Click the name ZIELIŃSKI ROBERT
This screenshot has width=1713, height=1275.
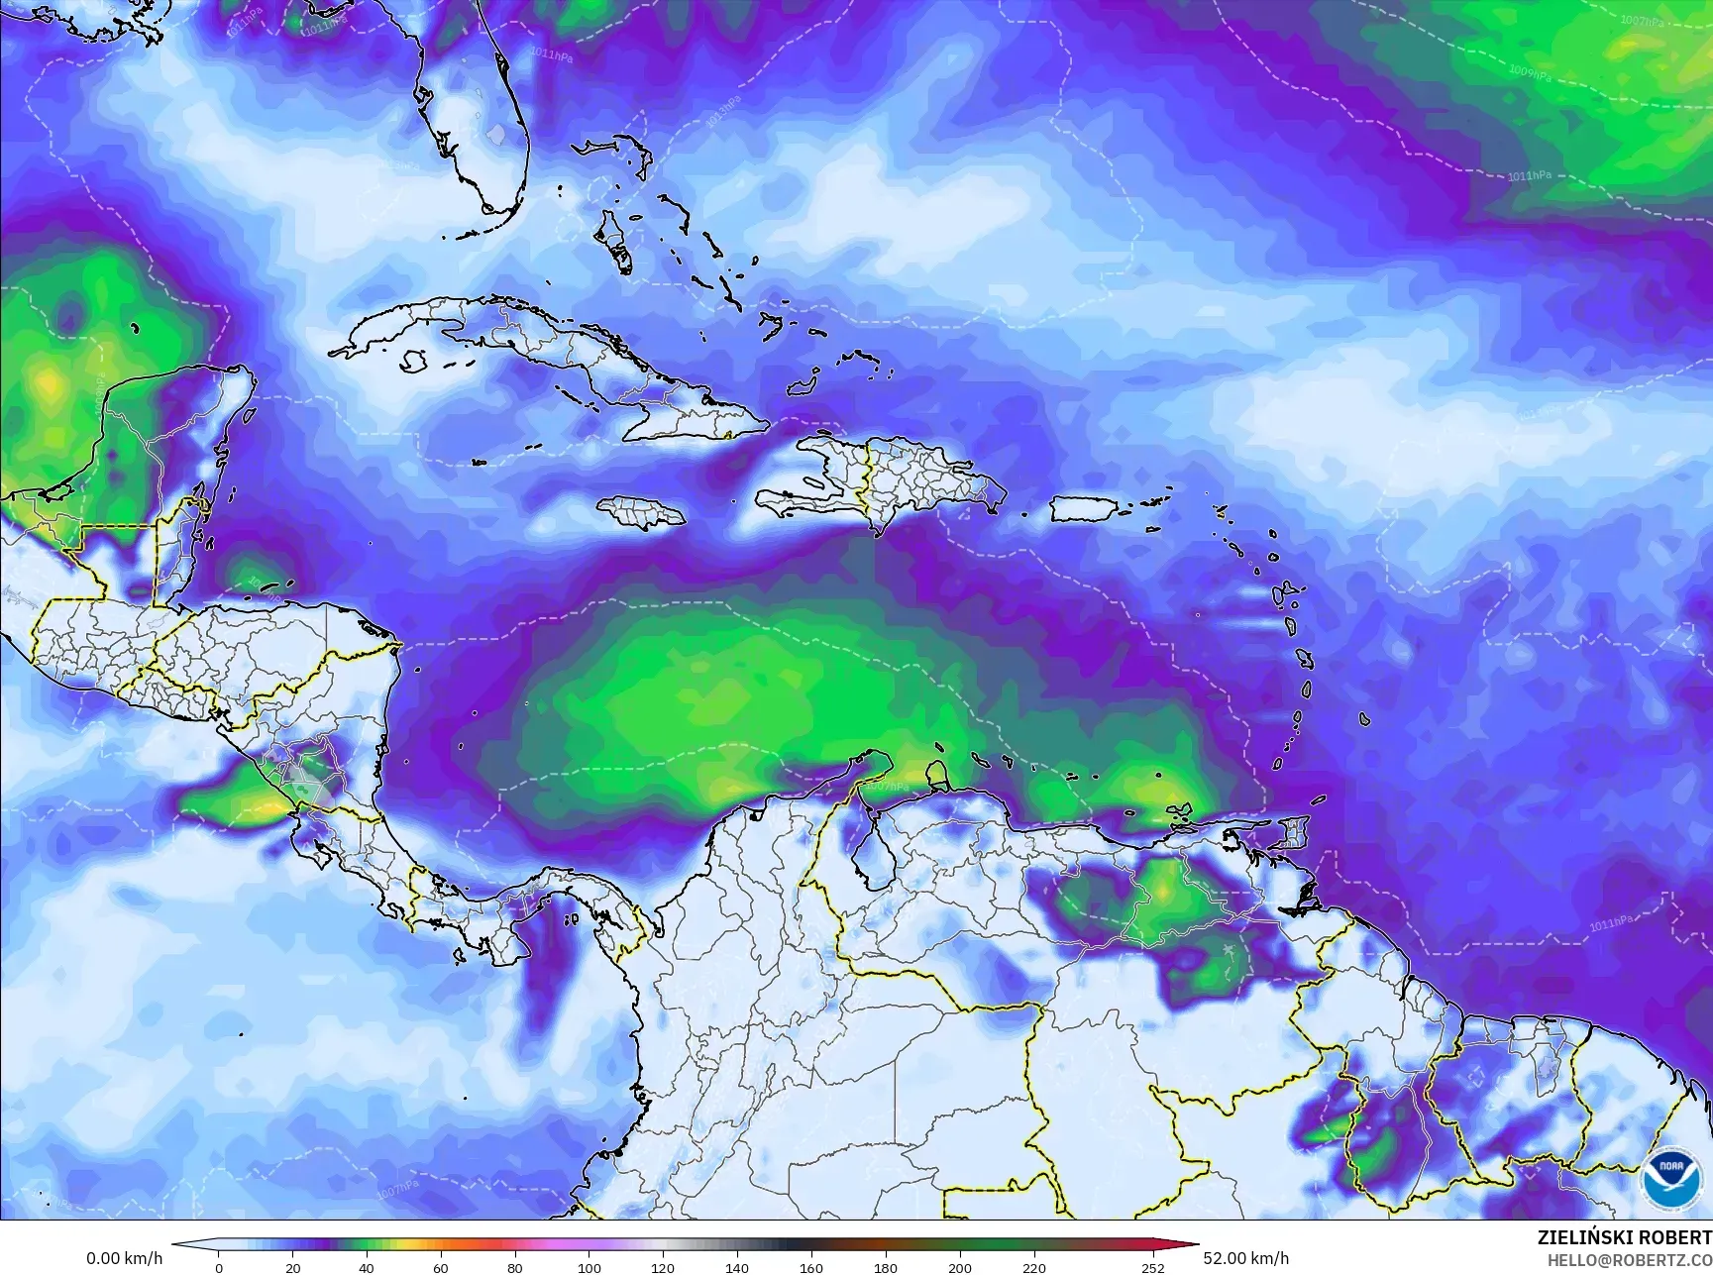coord(1624,1237)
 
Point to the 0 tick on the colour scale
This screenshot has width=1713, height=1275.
coord(219,1267)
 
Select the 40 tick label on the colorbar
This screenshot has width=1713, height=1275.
coord(367,1267)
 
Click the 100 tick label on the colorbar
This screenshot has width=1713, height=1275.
coord(589,1267)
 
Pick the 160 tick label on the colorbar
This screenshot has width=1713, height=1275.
coord(810,1267)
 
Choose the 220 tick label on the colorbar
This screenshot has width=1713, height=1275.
coord(1033,1267)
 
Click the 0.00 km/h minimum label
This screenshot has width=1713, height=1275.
coord(124,1258)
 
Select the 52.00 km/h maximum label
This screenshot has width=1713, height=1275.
coord(1245,1258)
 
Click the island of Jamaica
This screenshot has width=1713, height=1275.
coord(642,511)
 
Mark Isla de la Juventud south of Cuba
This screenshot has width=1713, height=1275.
coord(414,362)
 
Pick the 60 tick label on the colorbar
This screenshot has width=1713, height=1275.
coord(441,1267)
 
